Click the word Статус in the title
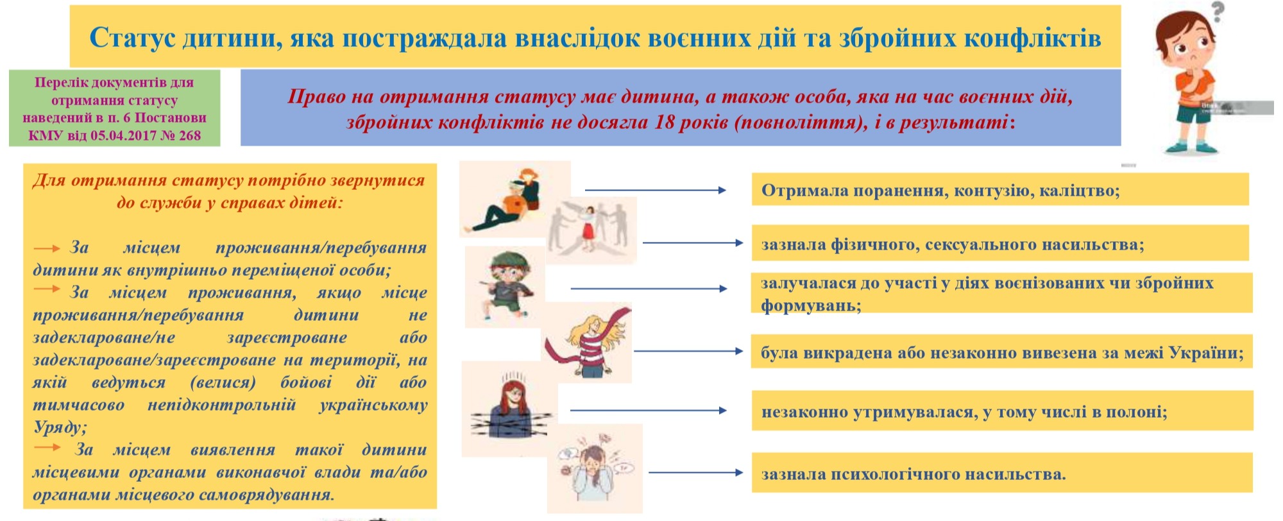pyautogui.click(x=132, y=38)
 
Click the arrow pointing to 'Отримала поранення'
pyautogui.click(x=655, y=190)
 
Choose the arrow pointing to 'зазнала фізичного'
pyautogui.click(x=693, y=243)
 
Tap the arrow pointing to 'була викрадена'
pyautogui.click(x=688, y=351)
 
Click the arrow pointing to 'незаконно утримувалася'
pyautogui.click(x=648, y=410)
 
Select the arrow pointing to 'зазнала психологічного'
pyautogui.click(x=696, y=473)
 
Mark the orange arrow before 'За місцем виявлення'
pyautogui.click(x=47, y=447)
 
